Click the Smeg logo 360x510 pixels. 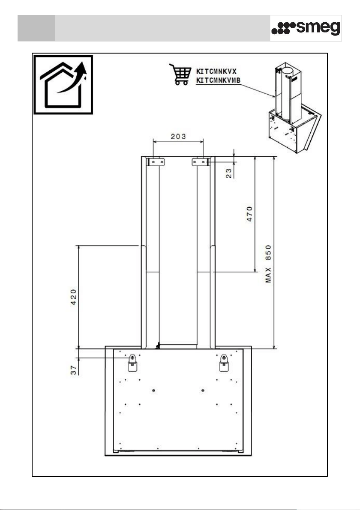coord(306,28)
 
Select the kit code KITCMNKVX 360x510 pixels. coord(216,72)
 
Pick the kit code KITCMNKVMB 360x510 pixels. coord(218,81)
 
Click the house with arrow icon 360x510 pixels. coord(63,85)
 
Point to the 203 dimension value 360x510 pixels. coord(178,136)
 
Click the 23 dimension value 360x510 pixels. coord(229,173)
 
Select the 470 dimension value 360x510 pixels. coord(250,214)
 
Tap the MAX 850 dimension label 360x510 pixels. coord(268,264)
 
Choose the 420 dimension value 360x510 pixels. coord(74,297)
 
